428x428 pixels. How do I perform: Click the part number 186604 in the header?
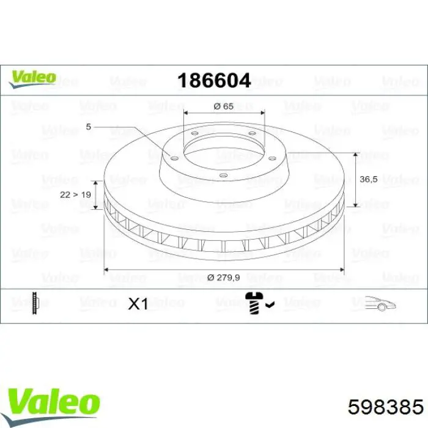click(x=214, y=81)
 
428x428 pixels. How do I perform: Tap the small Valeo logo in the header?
click(x=32, y=79)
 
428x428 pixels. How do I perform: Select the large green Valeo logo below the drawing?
click(x=53, y=405)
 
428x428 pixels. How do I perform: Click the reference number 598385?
click(x=385, y=407)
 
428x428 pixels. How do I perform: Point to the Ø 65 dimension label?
click(x=224, y=106)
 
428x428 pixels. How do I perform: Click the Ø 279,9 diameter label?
click(x=224, y=278)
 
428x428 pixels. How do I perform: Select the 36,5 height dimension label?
click(x=369, y=179)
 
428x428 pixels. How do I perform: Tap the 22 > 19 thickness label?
click(x=75, y=194)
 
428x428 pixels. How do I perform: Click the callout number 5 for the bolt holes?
click(x=88, y=127)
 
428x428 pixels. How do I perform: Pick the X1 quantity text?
click(x=138, y=303)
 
